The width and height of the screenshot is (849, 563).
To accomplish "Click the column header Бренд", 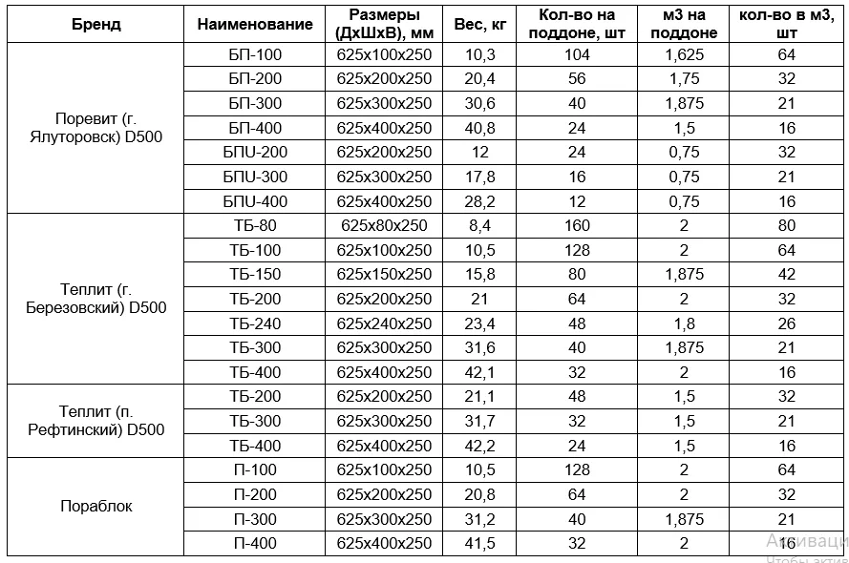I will click(x=96, y=25).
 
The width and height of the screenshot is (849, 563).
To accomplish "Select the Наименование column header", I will click(x=255, y=25).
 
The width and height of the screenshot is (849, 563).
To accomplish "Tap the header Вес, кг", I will click(x=479, y=25).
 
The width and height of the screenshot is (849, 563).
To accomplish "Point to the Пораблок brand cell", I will click(x=96, y=507).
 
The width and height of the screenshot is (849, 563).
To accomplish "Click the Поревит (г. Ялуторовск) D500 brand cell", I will click(x=96, y=128).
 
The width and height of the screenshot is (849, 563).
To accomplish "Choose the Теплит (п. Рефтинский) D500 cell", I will click(x=96, y=421).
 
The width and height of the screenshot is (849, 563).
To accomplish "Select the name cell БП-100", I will click(x=255, y=55).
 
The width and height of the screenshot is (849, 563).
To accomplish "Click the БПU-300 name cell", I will click(x=255, y=177).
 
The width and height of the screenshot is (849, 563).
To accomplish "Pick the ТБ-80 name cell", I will click(x=255, y=226).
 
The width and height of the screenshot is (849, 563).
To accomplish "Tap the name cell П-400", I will click(x=255, y=543).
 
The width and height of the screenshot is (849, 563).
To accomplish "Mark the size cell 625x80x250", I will click(x=384, y=226).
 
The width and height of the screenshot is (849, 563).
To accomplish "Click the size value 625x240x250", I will click(x=384, y=323).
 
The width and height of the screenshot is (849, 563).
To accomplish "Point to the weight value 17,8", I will click(x=479, y=177).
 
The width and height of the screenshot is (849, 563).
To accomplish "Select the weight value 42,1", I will click(x=479, y=372).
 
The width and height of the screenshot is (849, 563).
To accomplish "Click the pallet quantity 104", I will click(x=577, y=55).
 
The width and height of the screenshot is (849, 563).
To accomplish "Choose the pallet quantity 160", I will click(x=577, y=226).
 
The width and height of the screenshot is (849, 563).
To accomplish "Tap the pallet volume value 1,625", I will click(x=684, y=55).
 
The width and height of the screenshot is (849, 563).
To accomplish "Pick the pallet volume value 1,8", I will click(x=684, y=323).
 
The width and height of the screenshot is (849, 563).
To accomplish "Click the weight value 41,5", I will click(x=479, y=543).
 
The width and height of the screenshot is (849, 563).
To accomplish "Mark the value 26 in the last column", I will click(x=787, y=323).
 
